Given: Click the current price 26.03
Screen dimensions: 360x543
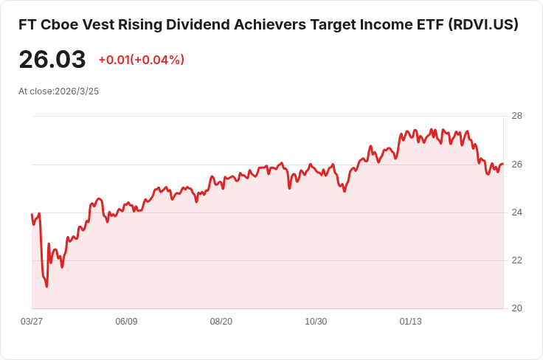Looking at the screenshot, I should pos(52,60).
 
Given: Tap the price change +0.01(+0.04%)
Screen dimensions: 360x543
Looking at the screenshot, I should pos(141,60).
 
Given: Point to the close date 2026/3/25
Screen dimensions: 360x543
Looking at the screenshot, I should pos(77,91).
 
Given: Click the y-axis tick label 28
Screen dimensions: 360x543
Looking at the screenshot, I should pos(516,116).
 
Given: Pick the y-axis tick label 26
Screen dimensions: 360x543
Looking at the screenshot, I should pos(516,164).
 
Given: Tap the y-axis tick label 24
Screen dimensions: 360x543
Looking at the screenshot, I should pos(516,212).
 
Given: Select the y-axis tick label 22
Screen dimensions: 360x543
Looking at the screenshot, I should pos(516,260).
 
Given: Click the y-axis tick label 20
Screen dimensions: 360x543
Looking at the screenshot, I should pos(516,308).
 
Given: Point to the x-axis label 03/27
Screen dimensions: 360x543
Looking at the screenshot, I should pos(32,322).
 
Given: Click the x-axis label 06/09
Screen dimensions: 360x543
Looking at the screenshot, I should pos(127,322).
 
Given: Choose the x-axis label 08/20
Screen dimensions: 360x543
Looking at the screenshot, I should pos(221,322).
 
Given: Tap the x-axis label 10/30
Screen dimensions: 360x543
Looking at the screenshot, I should pos(316,322).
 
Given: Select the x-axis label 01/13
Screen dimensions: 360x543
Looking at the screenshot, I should pos(411,322).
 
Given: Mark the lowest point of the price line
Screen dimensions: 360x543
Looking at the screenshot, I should pos(46,286).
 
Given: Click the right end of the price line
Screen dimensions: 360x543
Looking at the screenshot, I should pos(503,164).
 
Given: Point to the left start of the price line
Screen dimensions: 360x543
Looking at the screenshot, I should pos(32,215).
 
